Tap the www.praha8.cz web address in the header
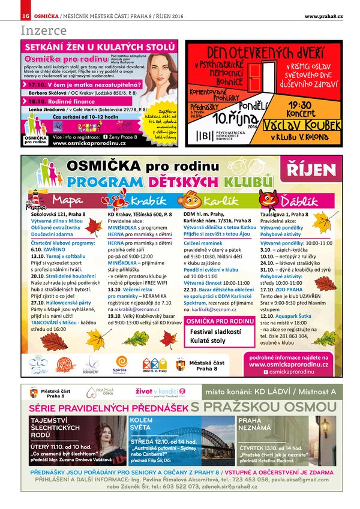[323, 15]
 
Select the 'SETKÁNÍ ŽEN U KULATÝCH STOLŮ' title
[100, 47]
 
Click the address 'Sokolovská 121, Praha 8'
[58, 214]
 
